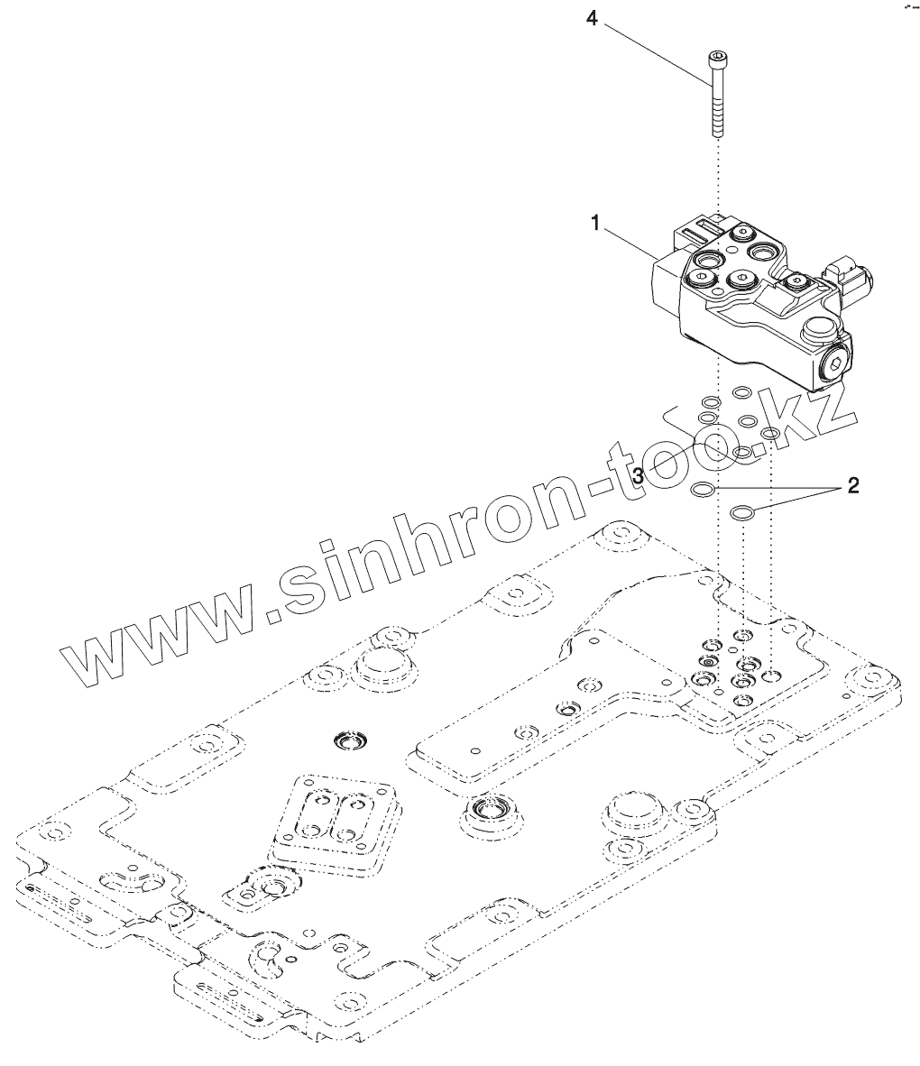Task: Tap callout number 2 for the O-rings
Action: [851, 486]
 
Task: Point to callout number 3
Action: [639, 475]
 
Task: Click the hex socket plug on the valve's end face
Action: [835, 367]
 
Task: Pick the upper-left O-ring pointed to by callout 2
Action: [702, 490]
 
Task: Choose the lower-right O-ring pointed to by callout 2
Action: [742, 513]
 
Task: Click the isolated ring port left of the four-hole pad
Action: [346, 740]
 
